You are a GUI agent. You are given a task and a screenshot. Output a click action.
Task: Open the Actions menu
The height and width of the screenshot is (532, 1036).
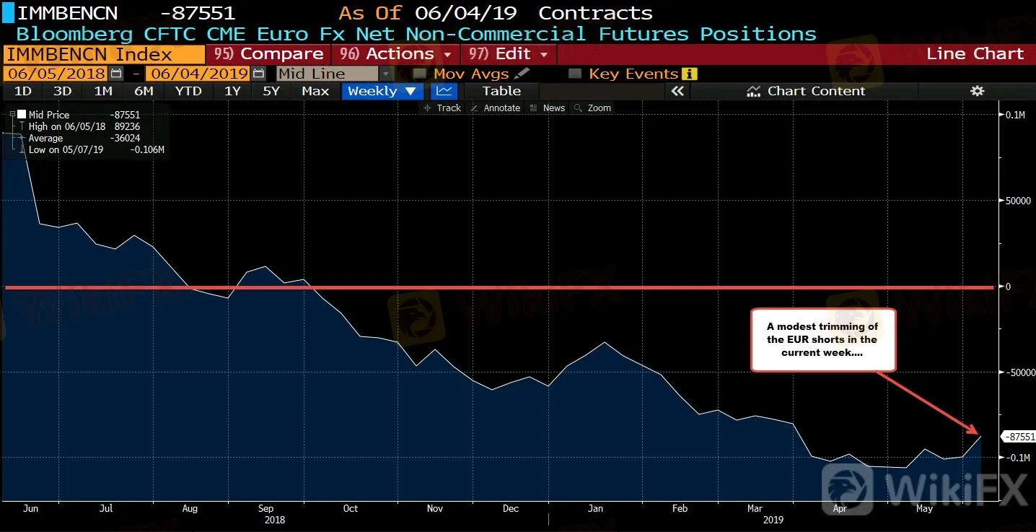(395, 54)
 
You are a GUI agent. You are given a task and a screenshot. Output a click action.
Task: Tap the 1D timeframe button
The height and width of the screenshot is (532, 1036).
(23, 91)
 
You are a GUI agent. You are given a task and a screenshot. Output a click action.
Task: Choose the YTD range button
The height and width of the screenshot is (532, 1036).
(188, 91)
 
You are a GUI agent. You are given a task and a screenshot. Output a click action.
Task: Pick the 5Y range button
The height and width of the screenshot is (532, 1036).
(271, 91)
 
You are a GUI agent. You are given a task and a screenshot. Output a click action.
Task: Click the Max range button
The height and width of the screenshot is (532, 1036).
(315, 91)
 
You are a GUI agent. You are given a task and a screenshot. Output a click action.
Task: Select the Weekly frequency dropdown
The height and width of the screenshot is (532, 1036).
(382, 91)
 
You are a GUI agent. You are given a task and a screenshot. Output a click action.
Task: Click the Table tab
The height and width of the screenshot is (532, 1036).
(501, 91)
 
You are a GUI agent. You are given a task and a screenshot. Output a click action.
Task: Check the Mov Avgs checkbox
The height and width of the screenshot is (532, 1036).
(419, 74)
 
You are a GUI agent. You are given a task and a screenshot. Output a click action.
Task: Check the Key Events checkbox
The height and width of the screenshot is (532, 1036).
(575, 74)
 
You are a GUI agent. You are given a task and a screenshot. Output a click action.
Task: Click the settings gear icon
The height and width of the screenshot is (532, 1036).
(977, 91)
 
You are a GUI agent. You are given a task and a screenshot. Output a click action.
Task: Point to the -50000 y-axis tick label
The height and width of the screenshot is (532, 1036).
(1019, 372)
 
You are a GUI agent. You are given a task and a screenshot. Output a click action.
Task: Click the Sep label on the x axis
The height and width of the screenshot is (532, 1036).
(265, 508)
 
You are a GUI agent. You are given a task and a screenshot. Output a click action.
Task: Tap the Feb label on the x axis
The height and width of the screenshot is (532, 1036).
(680, 508)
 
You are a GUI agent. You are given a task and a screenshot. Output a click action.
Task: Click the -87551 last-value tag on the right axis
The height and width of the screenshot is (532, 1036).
(1019, 437)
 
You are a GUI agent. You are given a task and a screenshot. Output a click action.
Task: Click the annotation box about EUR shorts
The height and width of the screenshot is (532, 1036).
(822, 340)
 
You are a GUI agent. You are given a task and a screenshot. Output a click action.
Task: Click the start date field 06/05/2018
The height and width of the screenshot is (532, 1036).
(56, 74)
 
